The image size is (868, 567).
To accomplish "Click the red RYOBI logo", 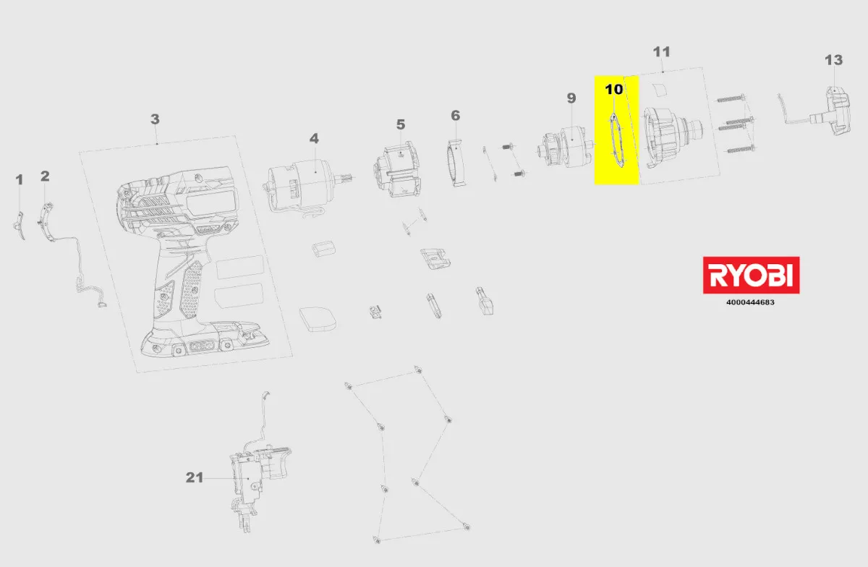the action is click(751, 275).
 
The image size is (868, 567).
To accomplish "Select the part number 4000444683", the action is click(750, 302).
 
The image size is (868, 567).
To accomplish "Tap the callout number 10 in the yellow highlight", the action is click(614, 90).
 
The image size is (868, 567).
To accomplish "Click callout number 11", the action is click(661, 52).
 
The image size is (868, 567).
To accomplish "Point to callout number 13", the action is click(833, 60).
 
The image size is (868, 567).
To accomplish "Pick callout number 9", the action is click(571, 98).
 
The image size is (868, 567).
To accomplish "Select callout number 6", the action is click(455, 116).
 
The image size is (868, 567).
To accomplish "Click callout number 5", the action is click(401, 125).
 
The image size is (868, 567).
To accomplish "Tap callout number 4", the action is click(314, 139).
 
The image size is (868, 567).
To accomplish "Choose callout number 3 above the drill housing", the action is click(155, 119).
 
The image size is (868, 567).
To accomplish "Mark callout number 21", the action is click(195, 477).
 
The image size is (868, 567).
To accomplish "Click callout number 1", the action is click(19, 180).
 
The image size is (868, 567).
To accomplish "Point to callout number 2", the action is click(45, 176).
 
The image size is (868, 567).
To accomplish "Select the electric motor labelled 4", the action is click(306, 186).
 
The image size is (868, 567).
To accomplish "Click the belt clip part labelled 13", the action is click(829, 111).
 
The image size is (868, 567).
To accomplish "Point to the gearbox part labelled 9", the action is click(566, 148).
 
